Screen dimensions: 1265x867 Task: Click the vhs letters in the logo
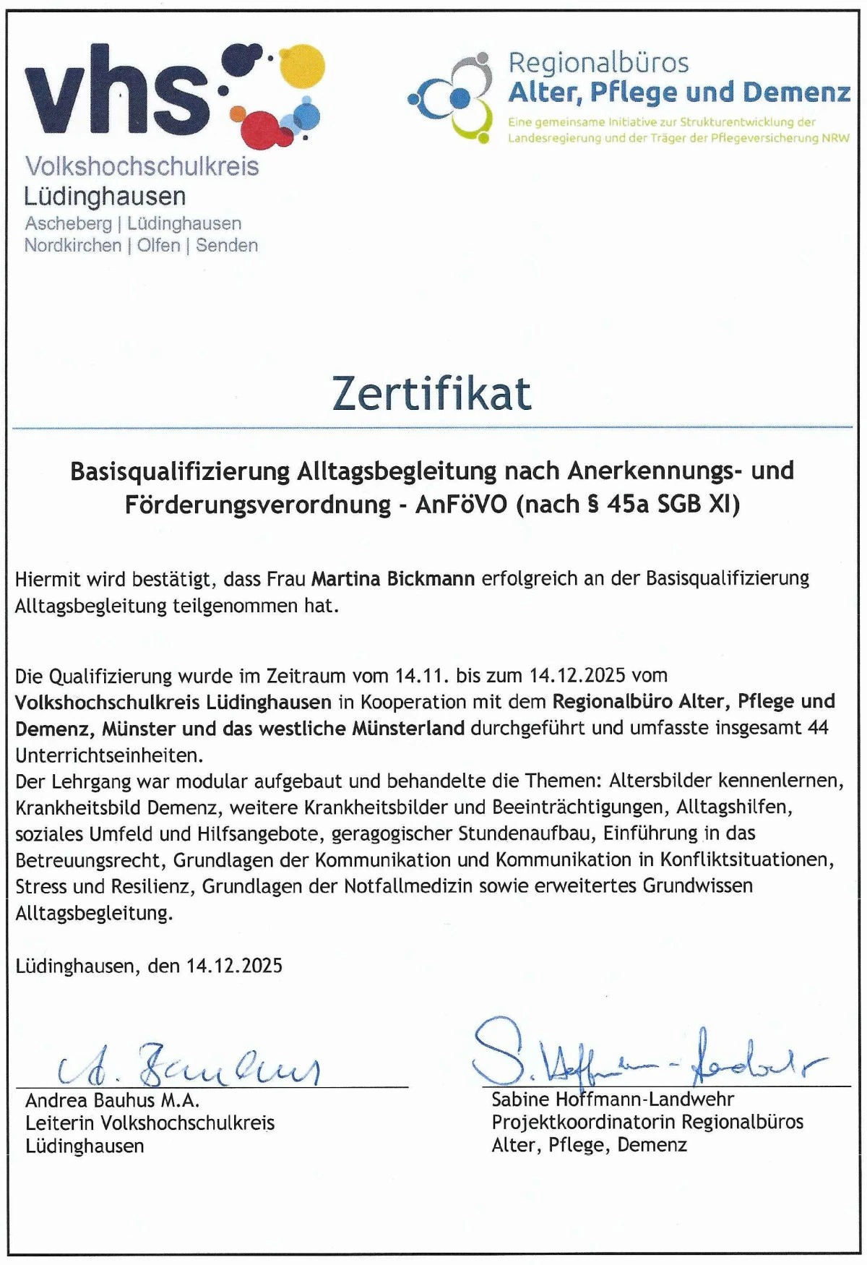coord(116,94)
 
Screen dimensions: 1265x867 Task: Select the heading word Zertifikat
coord(432,394)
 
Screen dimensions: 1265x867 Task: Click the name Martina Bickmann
coord(393,579)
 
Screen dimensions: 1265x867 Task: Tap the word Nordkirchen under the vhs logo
coord(73,246)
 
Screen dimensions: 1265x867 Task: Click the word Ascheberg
coord(68,223)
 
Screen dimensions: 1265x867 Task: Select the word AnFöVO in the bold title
coord(462,504)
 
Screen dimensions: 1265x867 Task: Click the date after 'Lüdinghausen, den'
coord(234,966)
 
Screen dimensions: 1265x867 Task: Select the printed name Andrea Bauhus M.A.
coord(112,1101)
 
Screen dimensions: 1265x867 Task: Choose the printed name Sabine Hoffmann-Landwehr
coord(613,1100)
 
